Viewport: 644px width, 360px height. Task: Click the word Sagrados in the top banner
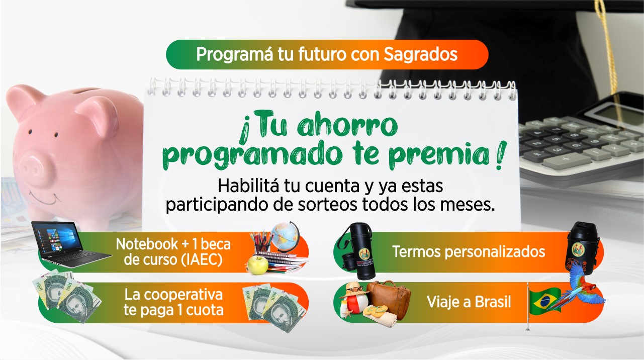click(x=420, y=54)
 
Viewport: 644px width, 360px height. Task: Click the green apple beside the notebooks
click(x=257, y=265)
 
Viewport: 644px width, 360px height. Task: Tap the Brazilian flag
click(x=545, y=301)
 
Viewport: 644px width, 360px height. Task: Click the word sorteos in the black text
click(x=327, y=205)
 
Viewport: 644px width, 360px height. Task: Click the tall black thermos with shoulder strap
click(x=363, y=251)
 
